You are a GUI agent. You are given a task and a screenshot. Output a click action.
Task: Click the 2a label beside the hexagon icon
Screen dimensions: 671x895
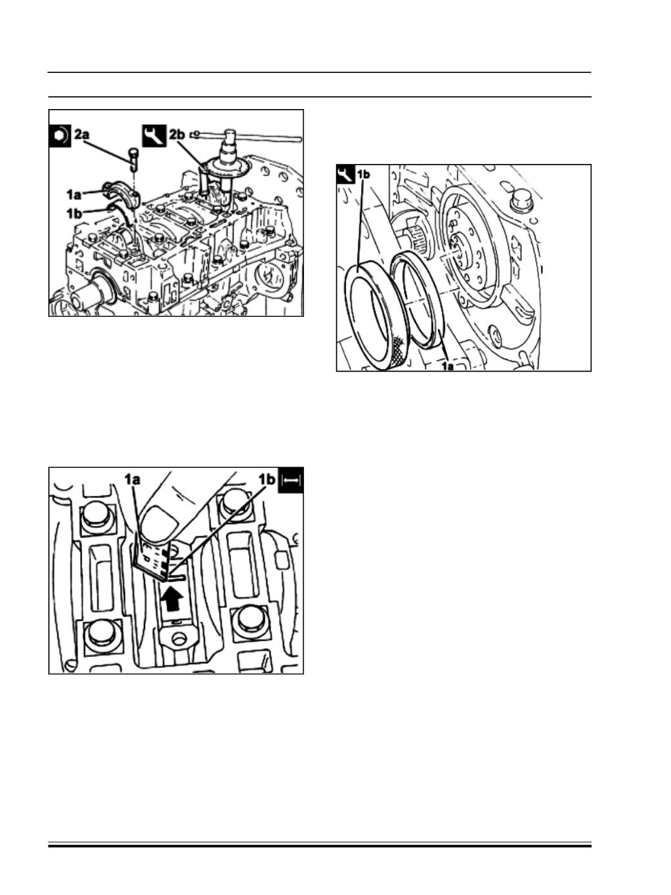pyautogui.click(x=82, y=135)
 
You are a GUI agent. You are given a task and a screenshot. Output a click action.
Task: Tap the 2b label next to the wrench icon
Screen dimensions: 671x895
pyautogui.click(x=177, y=135)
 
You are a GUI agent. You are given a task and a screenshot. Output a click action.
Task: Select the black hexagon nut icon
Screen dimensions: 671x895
pyautogui.click(x=60, y=136)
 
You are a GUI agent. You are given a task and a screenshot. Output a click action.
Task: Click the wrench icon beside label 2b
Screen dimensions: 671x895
pyautogui.click(x=154, y=136)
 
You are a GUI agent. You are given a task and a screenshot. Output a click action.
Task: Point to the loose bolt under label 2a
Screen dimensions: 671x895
pyautogui.click(x=134, y=159)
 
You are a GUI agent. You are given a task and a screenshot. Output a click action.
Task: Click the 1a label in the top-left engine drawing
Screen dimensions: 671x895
pyautogui.click(x=74, y=195)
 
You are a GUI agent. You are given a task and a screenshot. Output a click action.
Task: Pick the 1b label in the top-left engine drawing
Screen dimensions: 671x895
pyautogui.click(x=74, y=213)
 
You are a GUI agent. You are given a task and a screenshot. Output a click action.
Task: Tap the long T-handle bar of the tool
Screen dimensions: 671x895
pyautogui.click(x=246, y=137)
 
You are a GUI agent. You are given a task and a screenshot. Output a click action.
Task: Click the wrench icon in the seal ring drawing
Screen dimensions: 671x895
pyautogui.click(x=346, y=174)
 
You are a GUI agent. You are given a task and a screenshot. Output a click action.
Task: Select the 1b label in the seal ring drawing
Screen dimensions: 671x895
pyautogui.click(x=363, y=174)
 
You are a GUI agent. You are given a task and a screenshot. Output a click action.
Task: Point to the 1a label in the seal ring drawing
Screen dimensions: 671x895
pyautogui.click(x=448, y=366)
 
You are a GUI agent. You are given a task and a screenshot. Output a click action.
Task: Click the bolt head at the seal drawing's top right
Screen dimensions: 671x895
pyautogui.click(x=522, y=202)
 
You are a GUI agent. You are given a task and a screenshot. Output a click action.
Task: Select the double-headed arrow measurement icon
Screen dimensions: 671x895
pyautogui.click(x=290, y=481)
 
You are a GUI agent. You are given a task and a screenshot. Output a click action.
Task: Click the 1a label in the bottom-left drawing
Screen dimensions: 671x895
pyautogui.click(x=132, y=480)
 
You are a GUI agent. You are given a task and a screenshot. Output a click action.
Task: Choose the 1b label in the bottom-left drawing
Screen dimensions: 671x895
pyautogui.click(x=267, y=480)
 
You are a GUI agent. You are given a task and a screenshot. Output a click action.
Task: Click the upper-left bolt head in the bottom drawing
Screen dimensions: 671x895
pyautogui.click(x=98, y=517)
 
